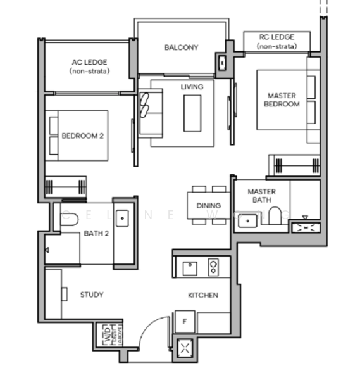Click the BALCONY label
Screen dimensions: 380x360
181,47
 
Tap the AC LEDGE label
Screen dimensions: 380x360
89,62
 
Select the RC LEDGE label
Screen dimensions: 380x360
276,37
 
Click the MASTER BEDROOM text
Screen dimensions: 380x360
282,99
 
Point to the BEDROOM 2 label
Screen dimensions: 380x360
82,136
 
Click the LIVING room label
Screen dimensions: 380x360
192,87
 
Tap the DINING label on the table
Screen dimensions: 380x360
209,205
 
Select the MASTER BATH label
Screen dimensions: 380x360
261,196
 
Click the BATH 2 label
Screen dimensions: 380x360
97,233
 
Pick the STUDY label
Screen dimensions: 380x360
92,294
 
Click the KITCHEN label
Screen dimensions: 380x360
202,295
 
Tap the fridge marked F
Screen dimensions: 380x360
185,321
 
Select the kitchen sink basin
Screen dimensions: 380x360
189,268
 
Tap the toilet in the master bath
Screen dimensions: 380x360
275,217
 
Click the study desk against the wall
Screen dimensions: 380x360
53,293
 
